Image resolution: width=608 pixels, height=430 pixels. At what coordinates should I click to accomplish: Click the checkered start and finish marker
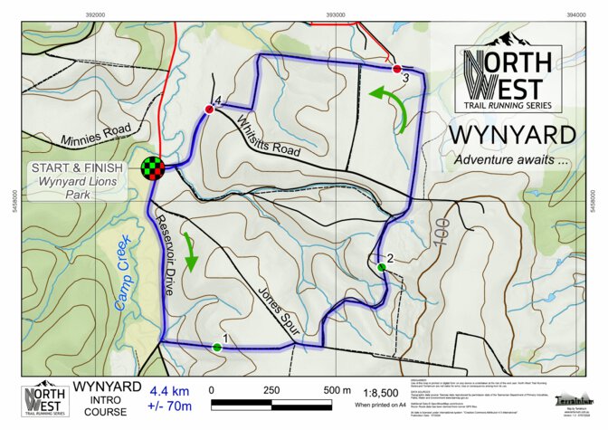click(153, 167)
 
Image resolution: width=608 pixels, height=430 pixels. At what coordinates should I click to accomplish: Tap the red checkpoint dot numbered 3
click(396, 69)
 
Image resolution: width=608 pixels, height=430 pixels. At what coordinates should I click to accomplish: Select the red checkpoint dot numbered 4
click(209, 110)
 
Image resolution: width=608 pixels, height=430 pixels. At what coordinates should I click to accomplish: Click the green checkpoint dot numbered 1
click(217, 347)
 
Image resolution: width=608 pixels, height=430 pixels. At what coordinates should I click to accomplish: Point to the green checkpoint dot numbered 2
click(382, 267)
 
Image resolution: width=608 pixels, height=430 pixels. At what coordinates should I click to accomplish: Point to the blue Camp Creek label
click(124, 272)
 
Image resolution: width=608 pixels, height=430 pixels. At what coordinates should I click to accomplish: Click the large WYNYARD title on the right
click(512, 135)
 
